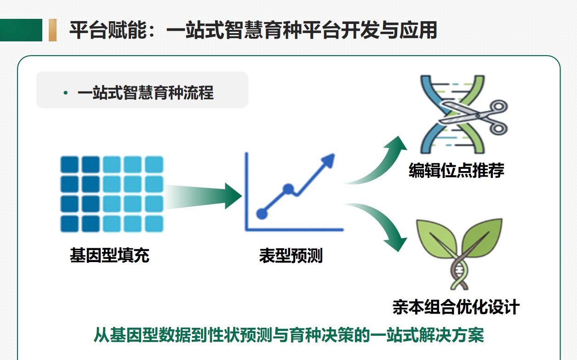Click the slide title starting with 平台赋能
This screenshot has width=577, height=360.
(x=253, y=30)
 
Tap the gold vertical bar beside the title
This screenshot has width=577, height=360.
(x=52, y=30)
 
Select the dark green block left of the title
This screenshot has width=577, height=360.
(x=21, y=30)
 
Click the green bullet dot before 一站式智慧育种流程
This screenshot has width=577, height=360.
(x=65, y=93)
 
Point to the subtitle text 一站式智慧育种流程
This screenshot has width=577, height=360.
(x=146, y=92)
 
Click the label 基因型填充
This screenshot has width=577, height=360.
(x=109, y=256)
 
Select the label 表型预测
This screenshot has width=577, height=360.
(x=291, y=256)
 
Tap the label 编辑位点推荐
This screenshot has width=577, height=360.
(x=456, y=171)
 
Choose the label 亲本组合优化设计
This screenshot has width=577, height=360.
(x=456, y=307)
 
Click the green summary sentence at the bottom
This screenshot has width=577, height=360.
(x=289, y=335)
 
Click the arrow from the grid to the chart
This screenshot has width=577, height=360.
(x=204, y=196)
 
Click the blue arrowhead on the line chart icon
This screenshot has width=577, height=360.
(x=328, y=160)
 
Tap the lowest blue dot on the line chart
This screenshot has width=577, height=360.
(x=262, y=214)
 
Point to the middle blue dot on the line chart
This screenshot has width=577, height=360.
(x=288, y=189)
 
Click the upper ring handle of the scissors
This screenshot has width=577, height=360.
(x=499, y=107)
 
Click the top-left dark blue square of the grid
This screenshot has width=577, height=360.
(x=69, y=165)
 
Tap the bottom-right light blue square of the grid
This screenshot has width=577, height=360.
(x=154, y=224)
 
